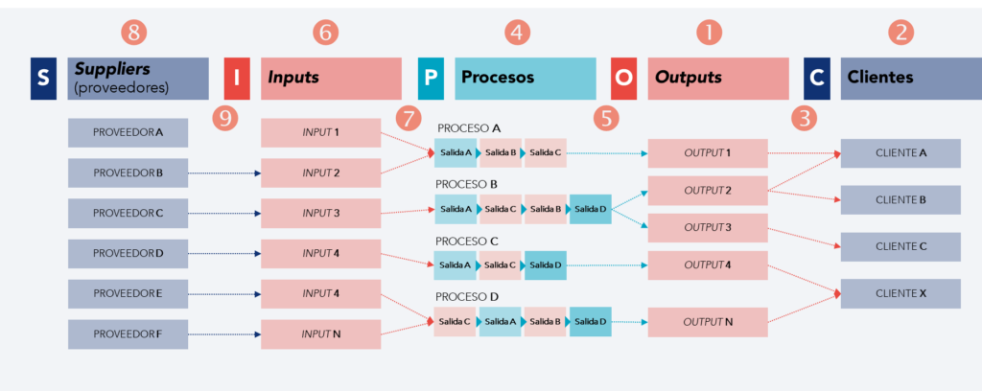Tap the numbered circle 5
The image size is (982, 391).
(x=605, y=118)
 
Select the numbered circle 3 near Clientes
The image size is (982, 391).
(x=803, y=118)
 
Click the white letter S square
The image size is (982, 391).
(x=42, y=79)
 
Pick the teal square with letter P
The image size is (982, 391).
(x=431, y=79)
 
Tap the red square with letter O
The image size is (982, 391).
(x=624, y=79)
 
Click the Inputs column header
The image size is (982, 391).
(x=331, y=79)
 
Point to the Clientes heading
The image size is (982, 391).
(x=900, y=78)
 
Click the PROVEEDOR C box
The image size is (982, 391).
(x=128, y=213)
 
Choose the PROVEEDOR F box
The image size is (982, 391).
(x=128, y=333)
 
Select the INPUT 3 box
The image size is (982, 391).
(x=321, y=213)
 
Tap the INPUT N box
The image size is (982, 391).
(x=321, y=333)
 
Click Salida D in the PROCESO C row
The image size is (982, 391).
(x=545, y=264)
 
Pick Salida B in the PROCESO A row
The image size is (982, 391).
(x=500, y=152)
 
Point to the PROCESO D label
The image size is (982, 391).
(x=468, y=297)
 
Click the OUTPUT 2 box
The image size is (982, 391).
(x=708, y=191)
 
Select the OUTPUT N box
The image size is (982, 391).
(x=708, y=322)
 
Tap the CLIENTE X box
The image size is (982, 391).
(x=900, y=293)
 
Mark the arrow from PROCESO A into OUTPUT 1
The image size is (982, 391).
(x=606, y=152)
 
